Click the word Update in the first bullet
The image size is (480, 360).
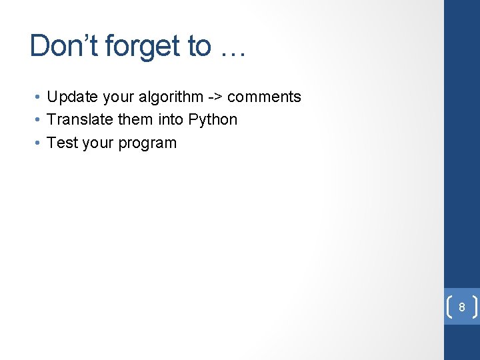click(x=69, y=97)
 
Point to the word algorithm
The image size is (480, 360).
click(x=169, y=97)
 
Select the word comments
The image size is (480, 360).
click(x=264, y=97)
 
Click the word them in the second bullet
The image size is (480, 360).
click(x=137, y=120)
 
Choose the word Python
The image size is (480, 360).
click(x=213, y=120)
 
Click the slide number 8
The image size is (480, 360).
click(x=461, y=307)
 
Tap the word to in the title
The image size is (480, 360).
click(x=199, y=46)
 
